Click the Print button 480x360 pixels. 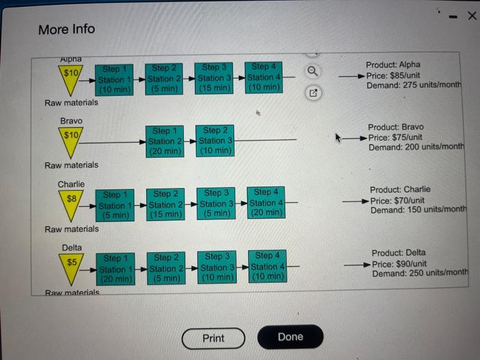click(213, 338)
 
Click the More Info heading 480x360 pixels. click(67, 29)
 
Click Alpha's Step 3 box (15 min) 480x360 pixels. click(214, 78)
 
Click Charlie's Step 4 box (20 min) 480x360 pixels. click(266, 203)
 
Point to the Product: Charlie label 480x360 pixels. click(400, 189)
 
